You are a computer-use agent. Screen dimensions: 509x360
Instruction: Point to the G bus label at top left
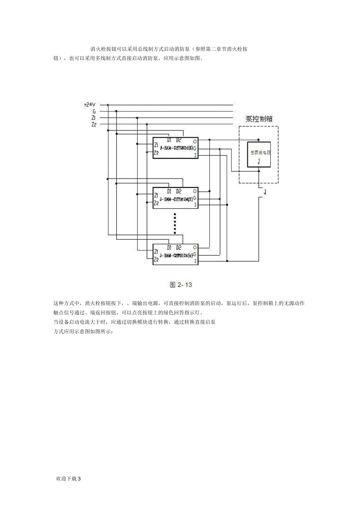click(x=94, y=111)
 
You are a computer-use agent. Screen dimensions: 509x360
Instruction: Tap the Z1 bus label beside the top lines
click(x=93, y=118)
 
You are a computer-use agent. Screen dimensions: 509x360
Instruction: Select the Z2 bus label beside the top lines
click(x=93, y=124)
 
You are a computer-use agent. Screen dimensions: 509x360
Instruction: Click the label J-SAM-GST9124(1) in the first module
click(x=176, y=148)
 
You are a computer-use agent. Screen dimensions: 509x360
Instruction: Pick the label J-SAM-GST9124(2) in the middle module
click(x=176, y=198)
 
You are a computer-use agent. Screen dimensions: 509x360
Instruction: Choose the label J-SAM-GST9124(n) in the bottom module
click(x=176, y=255)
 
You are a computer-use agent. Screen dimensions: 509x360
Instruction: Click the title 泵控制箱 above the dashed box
click(x=259, y=119)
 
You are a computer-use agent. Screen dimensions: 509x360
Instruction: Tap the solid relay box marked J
click(x=259, y=154)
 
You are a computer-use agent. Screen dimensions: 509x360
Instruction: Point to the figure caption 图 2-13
click(x=181, y=284)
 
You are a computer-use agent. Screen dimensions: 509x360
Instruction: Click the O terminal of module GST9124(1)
click(x=195, y=141)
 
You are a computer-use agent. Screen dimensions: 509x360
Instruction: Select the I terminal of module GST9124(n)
click(x=195, y=261)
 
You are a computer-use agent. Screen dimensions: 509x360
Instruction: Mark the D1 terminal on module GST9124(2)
click(x=169, y=191)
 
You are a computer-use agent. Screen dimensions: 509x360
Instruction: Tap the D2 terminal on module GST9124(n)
click(x=178, y=248)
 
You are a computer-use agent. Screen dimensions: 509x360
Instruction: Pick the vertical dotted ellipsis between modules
click(x=175, y=223)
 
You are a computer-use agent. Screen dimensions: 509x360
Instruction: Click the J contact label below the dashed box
click(x=265, y=192)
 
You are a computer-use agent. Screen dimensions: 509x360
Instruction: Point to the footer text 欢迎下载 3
click(x=68, y=478)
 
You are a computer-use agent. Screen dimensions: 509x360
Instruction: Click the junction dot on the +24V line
click(x=108, y=105)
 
